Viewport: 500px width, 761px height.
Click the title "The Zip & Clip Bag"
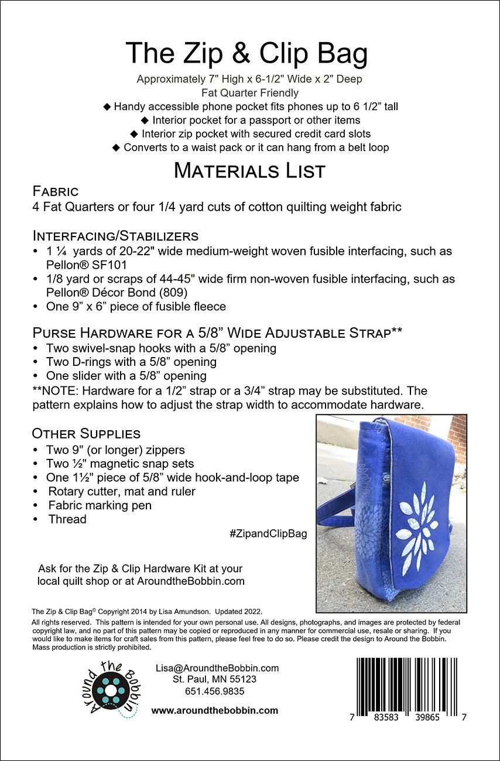(x=246, y=54)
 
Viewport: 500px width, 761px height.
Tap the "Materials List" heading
(x=249, y=171)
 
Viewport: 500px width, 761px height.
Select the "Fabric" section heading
(x=55, y=191)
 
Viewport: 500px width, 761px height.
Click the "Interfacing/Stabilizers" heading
(x=115, y=236)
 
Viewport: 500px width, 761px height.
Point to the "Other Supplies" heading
(x=86, y=434)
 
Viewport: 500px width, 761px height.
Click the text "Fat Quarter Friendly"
(x=249, y=92)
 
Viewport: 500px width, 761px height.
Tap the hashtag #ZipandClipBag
(x=269, y=534)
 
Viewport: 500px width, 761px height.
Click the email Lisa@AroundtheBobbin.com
(x=217, y=668)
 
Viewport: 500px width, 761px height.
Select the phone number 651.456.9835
(x=215, y=691)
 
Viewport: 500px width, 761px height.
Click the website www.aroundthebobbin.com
(x=215, y=711)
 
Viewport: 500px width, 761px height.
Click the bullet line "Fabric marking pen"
(x=100, y=505)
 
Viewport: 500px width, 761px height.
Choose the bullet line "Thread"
(x=67, y=519)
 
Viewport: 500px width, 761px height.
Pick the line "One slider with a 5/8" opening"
(x=126, y=376)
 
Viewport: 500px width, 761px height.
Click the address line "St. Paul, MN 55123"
(x=214, y=680)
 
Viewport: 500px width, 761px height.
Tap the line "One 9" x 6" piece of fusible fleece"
(x=136, y=307)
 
